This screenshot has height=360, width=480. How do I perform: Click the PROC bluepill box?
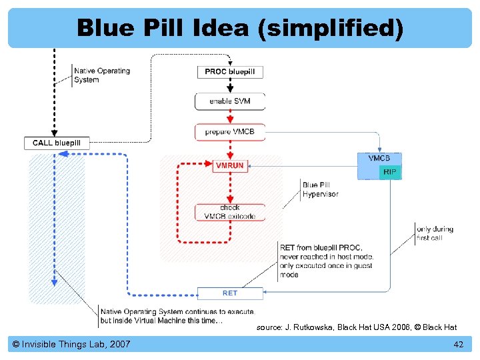(230, 71)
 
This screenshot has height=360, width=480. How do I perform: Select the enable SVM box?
(230, 101)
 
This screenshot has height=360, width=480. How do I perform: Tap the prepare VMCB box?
(230, 131)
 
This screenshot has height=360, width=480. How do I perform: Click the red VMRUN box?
(229, 165)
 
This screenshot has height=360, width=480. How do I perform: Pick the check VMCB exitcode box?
(230, 212)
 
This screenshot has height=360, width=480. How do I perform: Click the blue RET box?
(230, 293)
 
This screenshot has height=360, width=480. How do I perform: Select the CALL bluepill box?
(57, 143)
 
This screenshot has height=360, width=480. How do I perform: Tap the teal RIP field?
(390, 171)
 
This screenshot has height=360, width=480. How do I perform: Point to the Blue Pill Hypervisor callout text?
(320, 189)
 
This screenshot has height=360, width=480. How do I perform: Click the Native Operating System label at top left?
(101, 75)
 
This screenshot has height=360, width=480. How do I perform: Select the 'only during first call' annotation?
(434, 233)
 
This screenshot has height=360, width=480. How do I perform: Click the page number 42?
(458, 344)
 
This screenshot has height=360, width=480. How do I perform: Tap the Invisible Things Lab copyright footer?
(71, 344)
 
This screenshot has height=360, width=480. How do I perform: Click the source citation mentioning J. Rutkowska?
(357, 327)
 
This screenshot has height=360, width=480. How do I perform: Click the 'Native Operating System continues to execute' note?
(177, 316)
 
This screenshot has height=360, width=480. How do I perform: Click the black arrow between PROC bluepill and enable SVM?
(230, 86)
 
